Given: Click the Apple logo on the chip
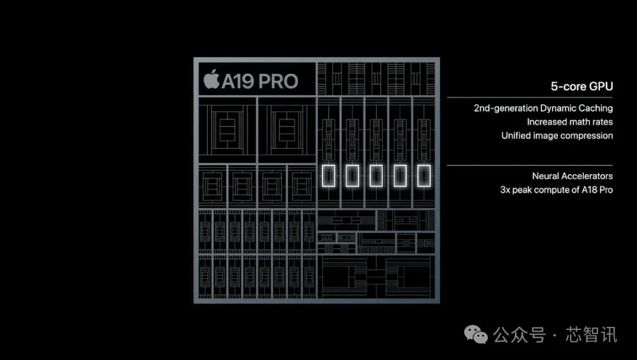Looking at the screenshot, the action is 211,79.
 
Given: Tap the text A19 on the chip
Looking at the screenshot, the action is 238,81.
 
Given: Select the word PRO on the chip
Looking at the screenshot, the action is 278,81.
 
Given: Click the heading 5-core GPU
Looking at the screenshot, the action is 582,87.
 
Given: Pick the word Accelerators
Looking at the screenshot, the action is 587,176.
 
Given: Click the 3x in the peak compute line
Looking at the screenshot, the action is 505,190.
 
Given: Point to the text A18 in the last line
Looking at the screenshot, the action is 589,190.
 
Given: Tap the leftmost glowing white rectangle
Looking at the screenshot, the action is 329,176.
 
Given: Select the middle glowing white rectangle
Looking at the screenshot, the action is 376,176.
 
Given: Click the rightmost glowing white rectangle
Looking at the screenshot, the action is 424,176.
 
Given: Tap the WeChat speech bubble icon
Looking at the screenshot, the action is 476,335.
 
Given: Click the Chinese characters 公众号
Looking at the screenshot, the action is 519,335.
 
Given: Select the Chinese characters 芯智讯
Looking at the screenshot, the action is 592,335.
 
